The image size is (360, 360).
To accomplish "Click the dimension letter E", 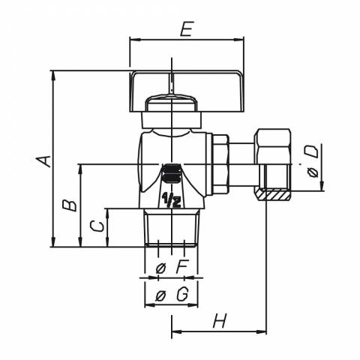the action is [187, 29].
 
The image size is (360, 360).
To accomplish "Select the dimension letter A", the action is [43, 161].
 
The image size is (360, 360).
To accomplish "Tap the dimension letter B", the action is [70, 205].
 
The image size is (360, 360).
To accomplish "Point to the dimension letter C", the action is [97, 226].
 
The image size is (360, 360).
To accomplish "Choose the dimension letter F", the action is [181, 268].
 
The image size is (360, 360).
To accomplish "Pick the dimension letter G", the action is [182, 295].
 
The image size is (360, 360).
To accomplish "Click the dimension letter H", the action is [220, 320].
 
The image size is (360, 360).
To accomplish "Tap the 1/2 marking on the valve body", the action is [172, 200].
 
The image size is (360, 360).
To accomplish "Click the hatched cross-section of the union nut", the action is [273, 195].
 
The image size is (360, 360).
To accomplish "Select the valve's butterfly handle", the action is [187, 91].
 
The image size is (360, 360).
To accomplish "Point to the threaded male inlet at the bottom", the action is [171, 228].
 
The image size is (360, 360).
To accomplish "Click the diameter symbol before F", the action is [160, 268].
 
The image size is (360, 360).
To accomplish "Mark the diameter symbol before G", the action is [160, 296].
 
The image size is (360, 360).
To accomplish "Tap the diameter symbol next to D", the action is [313, 172].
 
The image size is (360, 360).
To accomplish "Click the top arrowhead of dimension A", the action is [52, 75].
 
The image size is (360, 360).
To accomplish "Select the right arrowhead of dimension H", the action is [262, 331].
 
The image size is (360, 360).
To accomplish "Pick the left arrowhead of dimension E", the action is [134, 40].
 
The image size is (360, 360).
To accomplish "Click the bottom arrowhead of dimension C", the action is [107, 242].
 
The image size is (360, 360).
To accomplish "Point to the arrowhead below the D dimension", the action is [322, 186].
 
